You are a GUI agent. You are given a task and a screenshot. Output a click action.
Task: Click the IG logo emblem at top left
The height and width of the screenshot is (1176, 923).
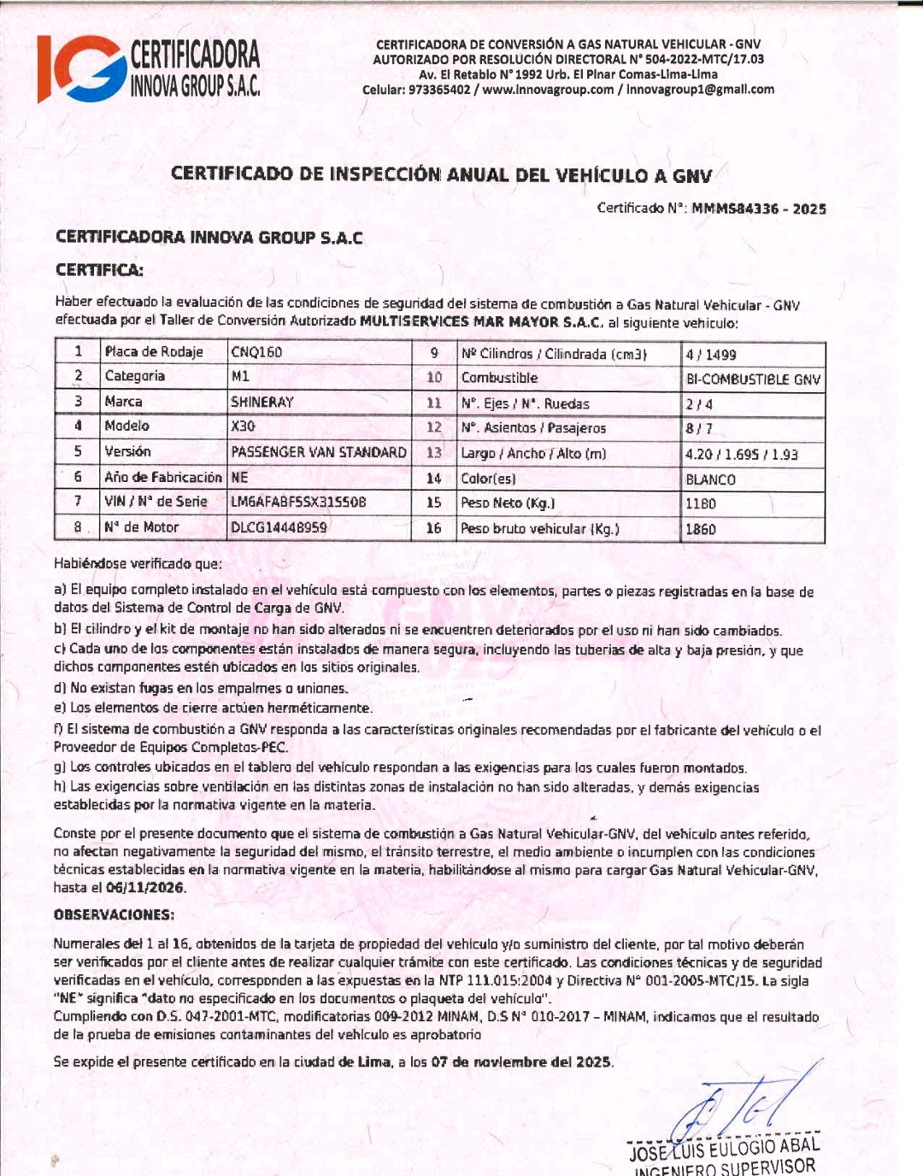(80, 69)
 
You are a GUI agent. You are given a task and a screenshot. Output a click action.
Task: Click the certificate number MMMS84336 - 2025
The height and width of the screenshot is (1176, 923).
(759, 209)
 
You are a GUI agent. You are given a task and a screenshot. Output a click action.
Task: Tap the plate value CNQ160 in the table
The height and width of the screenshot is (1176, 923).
(256, 352)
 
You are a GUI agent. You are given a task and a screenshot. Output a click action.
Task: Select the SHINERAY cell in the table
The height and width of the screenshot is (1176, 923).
(262, 402)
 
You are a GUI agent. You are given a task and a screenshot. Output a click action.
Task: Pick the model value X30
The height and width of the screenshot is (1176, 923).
(243, 426)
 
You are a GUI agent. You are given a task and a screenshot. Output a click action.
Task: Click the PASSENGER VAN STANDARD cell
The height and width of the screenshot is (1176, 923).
(319, 452)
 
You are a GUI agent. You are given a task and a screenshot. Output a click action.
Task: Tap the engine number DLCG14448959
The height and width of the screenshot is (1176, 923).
(279, 527)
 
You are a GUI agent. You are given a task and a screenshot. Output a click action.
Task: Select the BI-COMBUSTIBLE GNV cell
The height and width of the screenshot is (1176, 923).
(753, 379)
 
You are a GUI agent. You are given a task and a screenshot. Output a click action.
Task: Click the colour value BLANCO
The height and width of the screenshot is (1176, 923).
(710, 479)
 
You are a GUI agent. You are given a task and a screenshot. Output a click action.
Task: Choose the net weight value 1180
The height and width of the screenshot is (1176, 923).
(701, 504)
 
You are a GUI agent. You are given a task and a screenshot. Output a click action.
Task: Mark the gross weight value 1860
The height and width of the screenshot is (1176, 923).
(701, 529)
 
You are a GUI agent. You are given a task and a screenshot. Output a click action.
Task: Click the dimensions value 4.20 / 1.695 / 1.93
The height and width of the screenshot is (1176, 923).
(741, 455)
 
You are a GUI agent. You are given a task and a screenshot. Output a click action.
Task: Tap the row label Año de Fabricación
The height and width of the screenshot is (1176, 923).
(162, 477)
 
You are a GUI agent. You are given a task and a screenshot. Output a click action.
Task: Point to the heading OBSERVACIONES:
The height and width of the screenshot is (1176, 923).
(114, 914)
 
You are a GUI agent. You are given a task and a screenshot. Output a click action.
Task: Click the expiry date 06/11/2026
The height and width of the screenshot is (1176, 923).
(145, 887)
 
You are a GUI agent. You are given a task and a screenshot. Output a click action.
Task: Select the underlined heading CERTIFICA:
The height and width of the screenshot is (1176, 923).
(99, 270)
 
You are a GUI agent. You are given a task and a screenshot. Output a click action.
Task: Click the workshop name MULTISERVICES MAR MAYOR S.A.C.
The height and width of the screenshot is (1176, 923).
(482, 323)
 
